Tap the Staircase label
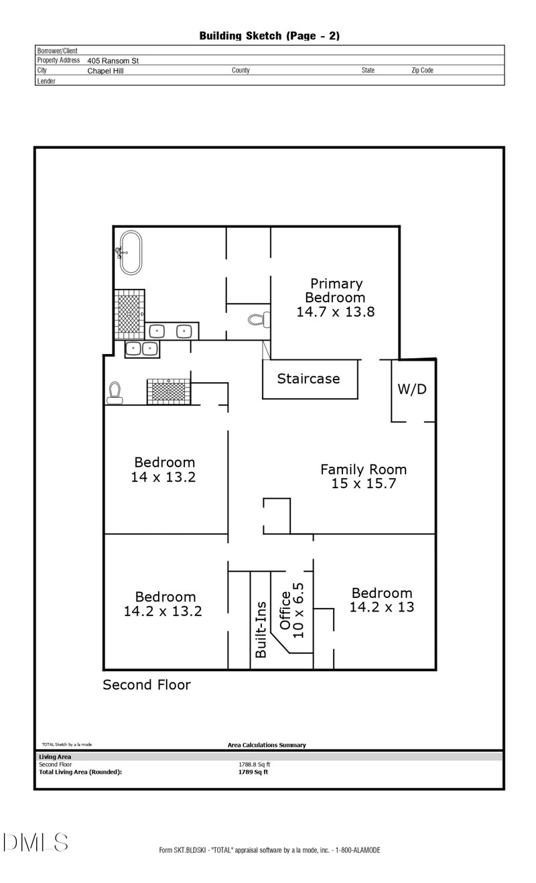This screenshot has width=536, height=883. (308, 379)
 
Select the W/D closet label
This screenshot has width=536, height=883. (412, 389)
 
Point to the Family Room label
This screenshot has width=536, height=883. (363, 476)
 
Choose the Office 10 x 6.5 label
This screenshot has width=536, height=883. (291, 610)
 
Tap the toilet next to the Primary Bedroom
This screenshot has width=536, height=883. (257, 319)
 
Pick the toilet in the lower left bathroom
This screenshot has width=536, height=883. (115, 393)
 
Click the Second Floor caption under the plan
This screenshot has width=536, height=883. (146, 685)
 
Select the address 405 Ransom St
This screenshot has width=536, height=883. (113, 60)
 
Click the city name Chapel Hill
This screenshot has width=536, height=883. (105, 70)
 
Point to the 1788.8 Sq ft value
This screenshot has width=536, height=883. (255, 764)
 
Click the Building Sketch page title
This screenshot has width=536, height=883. (269, 36)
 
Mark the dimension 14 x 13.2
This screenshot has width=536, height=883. (164, 477)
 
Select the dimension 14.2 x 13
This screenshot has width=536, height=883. (381, 607)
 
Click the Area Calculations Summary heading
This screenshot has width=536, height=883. (267, 745)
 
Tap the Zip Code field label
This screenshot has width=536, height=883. (422, 70)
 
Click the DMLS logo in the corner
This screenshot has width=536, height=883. (36, 843)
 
